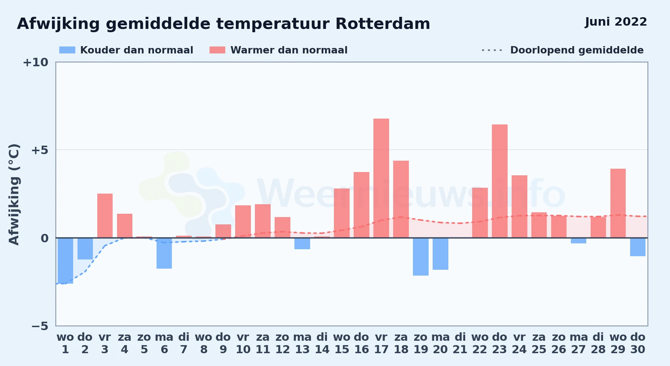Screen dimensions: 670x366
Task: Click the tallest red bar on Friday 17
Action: (381, 178)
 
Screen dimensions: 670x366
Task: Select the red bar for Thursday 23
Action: (500, 181)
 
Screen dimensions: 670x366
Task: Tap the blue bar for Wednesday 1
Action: (65, 261)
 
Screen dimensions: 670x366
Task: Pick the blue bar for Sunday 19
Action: (421, 257)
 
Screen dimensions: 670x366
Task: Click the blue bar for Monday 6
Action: (164, 253)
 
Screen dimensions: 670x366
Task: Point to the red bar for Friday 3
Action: (105, 216)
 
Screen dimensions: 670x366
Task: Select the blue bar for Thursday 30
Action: (638, 247)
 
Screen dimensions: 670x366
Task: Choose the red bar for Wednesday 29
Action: (618, 203)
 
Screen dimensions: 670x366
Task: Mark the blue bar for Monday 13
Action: (302, 243)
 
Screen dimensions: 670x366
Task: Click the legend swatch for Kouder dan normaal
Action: (67, 50)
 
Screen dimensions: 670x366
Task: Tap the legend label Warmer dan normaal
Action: (289, 50)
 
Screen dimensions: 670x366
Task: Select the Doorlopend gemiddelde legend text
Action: (577, 50)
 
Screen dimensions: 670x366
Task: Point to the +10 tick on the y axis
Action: (35, 63)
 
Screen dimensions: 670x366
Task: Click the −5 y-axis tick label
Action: (39, 326)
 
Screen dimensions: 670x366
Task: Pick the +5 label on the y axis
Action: (39, 150)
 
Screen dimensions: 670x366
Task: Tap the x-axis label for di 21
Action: (460, 343)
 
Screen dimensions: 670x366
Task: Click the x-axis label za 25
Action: (539, 343)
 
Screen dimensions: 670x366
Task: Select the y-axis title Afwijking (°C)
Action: (14, 194)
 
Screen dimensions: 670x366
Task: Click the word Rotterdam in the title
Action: (383, 24)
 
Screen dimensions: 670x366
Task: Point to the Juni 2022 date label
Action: (616, 22)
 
